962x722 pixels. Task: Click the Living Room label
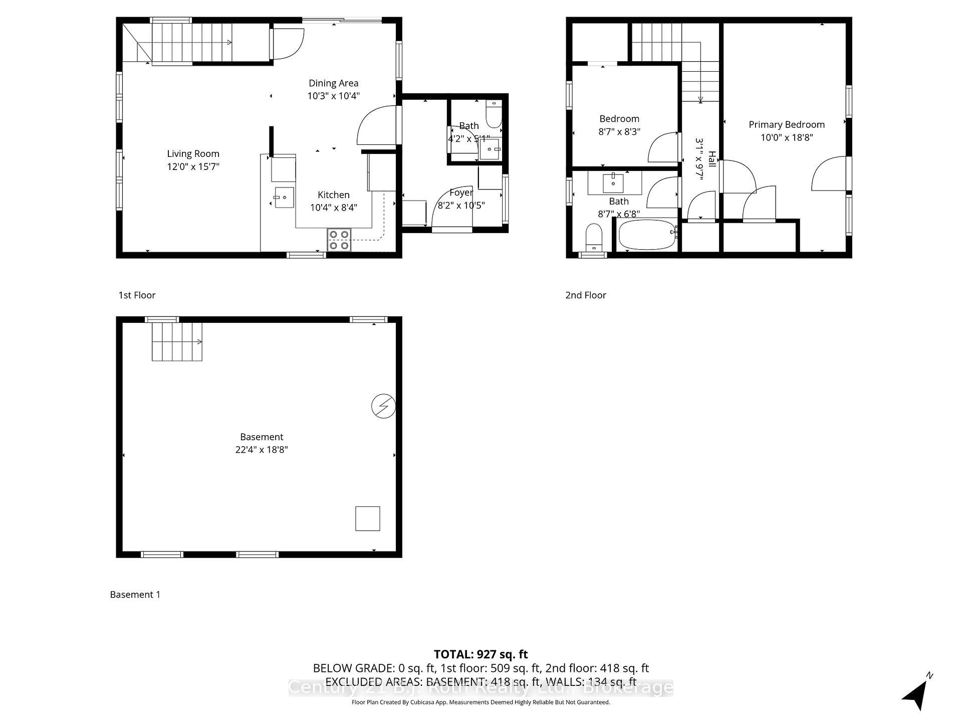click(x=193, y=154)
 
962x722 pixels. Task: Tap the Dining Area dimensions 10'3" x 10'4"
click(x=333, y=96)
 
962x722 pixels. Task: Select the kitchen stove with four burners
click(x=339, y=240)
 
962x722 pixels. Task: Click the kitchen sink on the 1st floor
click(x=284, y=198)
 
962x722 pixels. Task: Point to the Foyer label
click(x=461, y=193)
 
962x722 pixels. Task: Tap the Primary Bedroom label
click(x=786, y=125)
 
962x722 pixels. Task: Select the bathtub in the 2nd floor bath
click(x=647, y=235)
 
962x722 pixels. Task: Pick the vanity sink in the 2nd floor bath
click(x=613, y=183)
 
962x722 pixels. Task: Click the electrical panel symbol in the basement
click(x=383, y=406)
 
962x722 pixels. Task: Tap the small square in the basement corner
click(x=367, y=518)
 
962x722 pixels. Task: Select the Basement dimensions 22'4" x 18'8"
click(x=262, y=450)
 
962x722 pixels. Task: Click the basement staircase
click(x=177, y=342)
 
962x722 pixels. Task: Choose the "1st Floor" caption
click(x=137, y=295)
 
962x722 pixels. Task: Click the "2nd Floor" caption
click(x=586, y=295)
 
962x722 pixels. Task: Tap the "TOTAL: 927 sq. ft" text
click(x=480, y=654)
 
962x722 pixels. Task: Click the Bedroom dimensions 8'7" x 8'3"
click(x=619, y=132)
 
